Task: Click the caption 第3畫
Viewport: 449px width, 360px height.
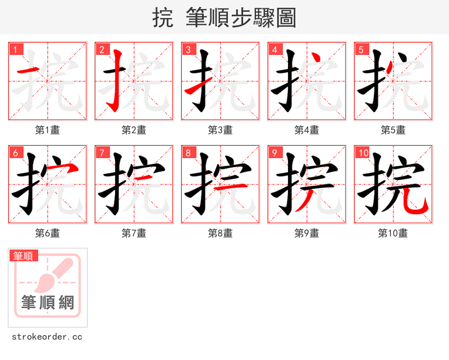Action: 220,130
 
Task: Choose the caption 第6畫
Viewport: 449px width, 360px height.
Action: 47,233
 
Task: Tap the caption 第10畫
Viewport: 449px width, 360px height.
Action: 393,233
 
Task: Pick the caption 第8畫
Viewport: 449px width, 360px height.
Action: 220,233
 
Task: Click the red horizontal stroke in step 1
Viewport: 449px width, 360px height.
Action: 28,71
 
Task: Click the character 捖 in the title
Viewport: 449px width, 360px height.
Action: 163,18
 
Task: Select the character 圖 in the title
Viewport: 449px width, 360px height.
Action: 286,18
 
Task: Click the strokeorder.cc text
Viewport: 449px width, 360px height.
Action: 47,336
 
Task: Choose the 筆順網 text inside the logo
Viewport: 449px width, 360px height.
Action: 48,303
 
